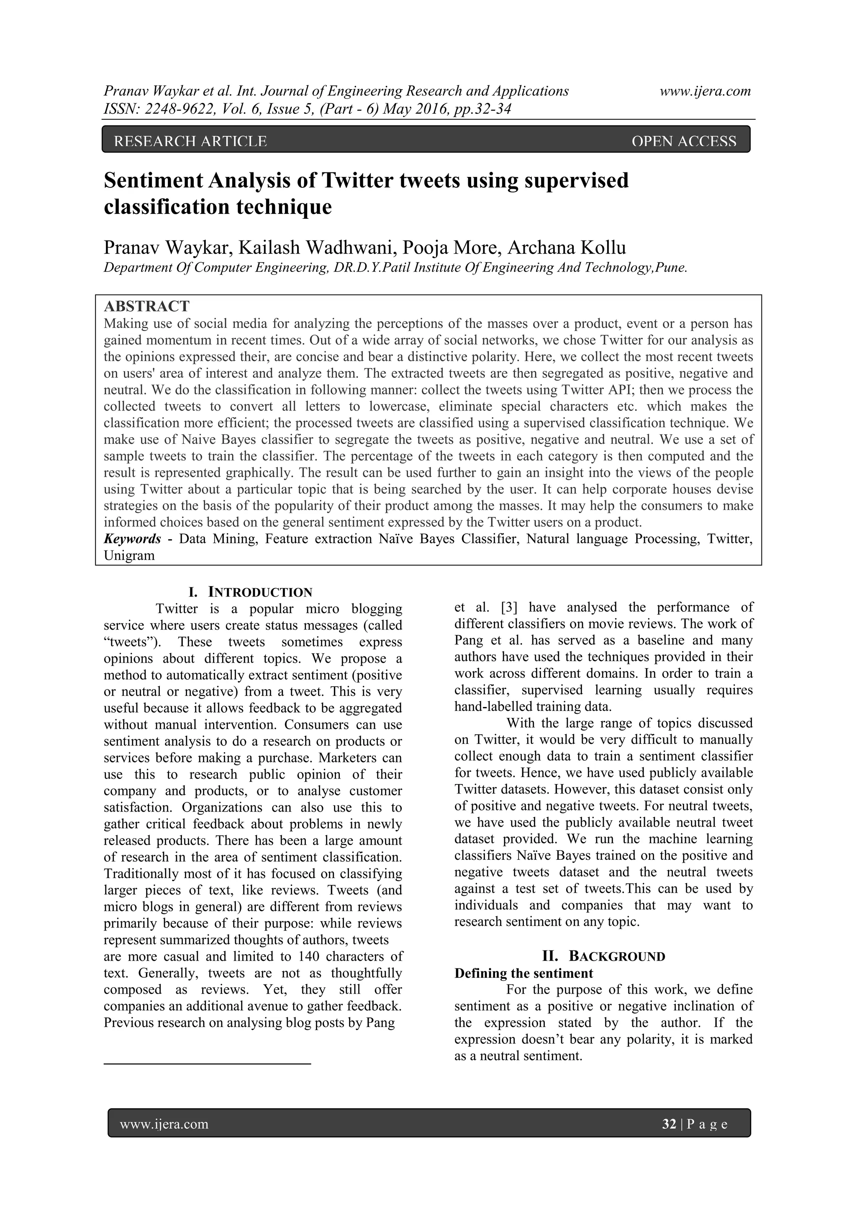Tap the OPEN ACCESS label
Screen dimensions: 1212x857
pyautogui.click(x=683, y=141)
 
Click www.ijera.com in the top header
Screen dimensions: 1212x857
pyautogui.click(x=705, y=91)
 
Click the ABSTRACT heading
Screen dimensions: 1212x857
pyautogui.click(x=146, y=306)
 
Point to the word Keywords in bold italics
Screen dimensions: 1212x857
pyautogui.click(x=132, y=538)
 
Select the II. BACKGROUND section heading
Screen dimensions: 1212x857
pyautogui.click(x=603, y=956)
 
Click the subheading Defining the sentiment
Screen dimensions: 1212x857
pyautogui.click(x=523, y=973)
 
